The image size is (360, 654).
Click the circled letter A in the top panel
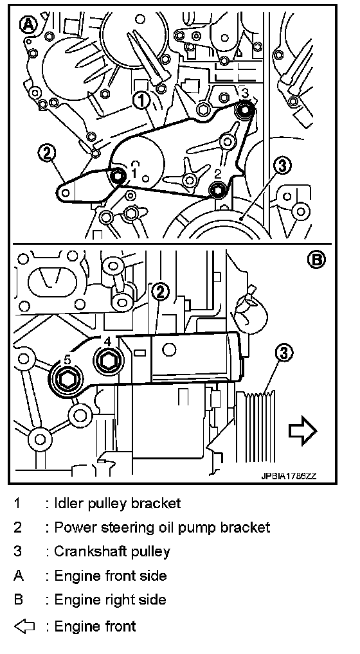[x=28, y=26]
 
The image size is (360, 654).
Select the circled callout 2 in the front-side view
[x=47, y=153]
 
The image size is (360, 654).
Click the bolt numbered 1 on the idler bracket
[x=118, y=177]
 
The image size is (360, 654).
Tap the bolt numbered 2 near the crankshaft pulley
[x=218, y=190]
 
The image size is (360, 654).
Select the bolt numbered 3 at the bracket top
[x=244, y=109]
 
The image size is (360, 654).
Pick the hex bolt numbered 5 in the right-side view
[x=67, y=379]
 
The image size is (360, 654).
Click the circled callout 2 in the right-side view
[x=161, y=292]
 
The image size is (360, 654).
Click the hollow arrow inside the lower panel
[x=303, y=430]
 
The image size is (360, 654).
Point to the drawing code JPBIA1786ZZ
[x=288, y=476]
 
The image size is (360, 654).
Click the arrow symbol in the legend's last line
[x=24, y=626]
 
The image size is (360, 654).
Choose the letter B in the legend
[x=19, y=600]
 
